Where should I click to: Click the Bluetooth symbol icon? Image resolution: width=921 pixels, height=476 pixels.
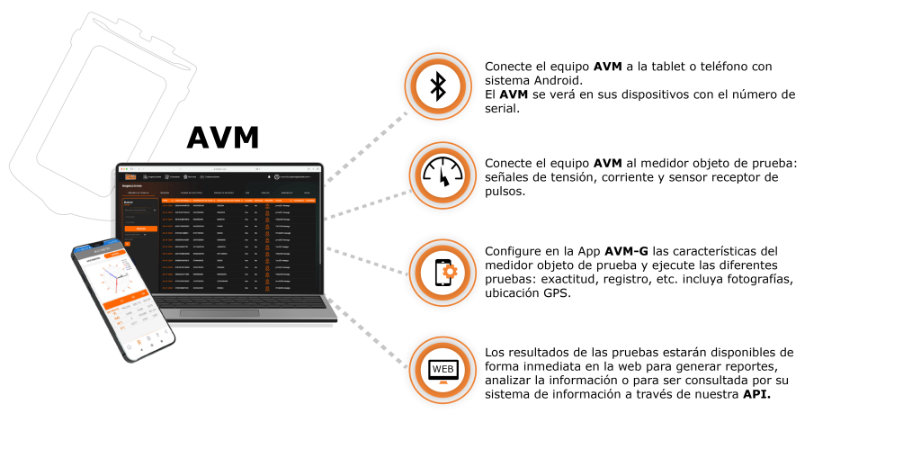pos(438,86)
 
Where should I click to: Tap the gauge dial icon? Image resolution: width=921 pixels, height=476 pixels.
pos(443,176)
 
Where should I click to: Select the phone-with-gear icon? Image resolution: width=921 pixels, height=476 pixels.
pos(443,273)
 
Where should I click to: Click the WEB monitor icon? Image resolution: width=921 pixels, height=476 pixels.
pos(443,370)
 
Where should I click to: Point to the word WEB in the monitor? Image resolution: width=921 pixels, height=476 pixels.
pos(443,369)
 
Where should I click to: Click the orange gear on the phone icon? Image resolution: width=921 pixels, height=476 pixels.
pos(449,271)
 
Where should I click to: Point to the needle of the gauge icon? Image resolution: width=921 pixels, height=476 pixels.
pos(443,180)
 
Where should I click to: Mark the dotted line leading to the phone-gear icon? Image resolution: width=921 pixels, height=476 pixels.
pos(367,259)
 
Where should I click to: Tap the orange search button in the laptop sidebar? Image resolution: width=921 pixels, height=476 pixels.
pos(140,229)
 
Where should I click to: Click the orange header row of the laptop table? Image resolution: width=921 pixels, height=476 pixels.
pos(238,200)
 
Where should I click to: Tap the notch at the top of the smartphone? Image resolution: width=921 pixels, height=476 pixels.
pos(96,245)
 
